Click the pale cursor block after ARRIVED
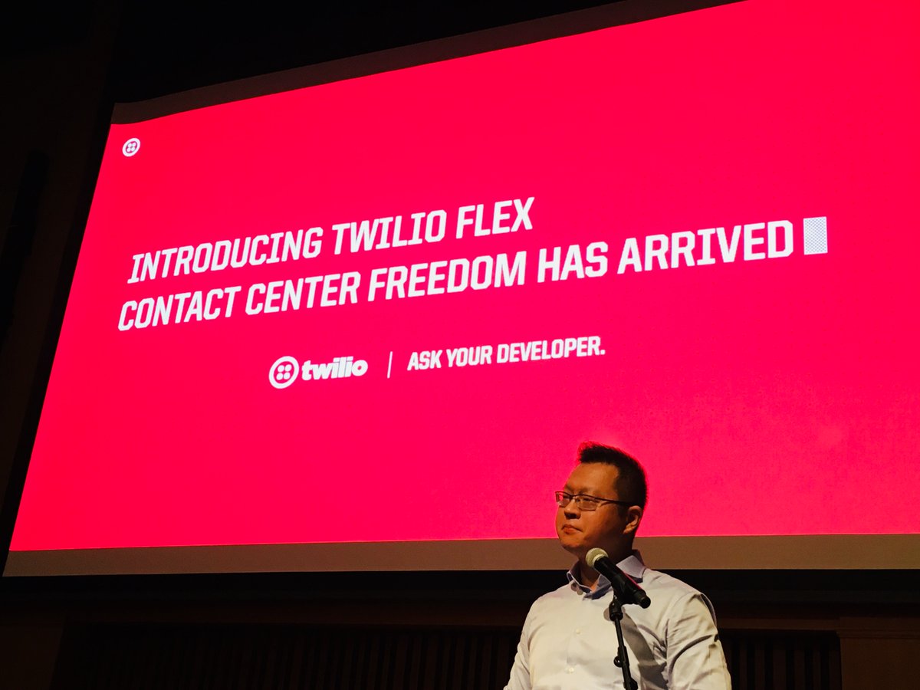coord(815,235)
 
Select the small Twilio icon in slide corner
coord(131,147)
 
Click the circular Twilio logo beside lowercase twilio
coord(284,372)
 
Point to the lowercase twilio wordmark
coord(334,369)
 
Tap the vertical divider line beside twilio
coord(389,364)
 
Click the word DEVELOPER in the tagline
coord(550,352)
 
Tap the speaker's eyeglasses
coord(586,501)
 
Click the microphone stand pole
coord(621,644)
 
